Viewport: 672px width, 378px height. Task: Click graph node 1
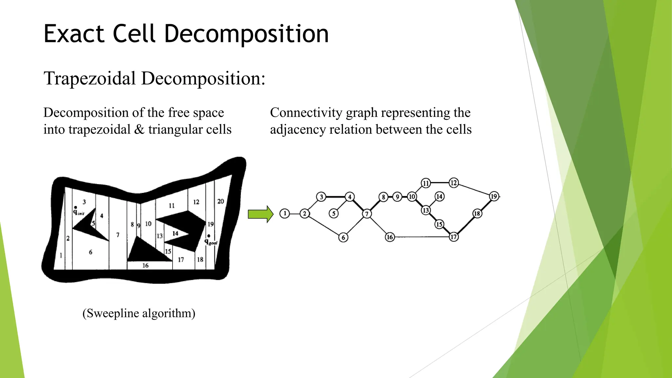[285, 214]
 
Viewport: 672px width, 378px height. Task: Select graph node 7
[367, 214]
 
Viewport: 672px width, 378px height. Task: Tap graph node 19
[494, 197]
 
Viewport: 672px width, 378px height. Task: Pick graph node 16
[389, 237]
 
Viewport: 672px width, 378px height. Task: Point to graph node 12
[453, 182]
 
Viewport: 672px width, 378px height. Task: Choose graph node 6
[343, 237]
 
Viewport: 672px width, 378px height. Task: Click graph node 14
[439, 197]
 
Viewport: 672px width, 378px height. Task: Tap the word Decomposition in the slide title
[246, 33]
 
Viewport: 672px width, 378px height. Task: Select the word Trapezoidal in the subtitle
[90, 79]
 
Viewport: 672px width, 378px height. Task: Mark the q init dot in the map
[76, 207]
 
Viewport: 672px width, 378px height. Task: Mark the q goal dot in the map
[209, 236]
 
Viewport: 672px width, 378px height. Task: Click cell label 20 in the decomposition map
[220, 201]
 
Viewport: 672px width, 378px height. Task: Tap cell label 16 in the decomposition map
[145, 265]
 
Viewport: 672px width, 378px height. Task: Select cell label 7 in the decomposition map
[118, 235]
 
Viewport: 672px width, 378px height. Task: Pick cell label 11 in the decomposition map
[172, 206]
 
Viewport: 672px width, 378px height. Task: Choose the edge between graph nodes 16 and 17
[422, 237]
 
